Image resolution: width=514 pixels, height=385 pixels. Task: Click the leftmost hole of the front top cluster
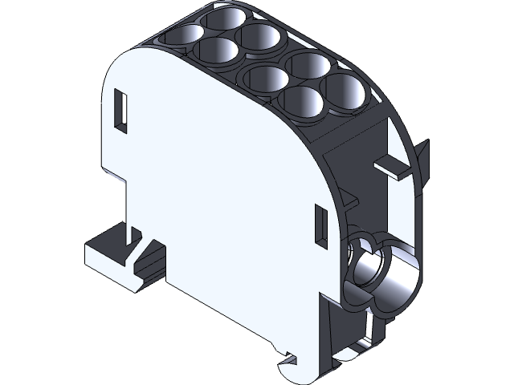265,79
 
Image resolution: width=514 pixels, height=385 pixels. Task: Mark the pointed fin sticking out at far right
422,156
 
